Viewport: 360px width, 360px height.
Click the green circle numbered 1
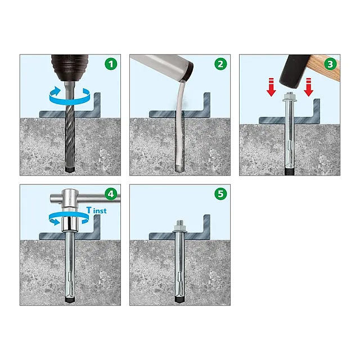[111, 64]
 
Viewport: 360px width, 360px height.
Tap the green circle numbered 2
[220, 64]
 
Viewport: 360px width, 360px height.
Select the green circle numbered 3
[330, 64]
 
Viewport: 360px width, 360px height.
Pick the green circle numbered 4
[111, 194]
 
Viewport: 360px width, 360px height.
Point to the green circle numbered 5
[220, 194]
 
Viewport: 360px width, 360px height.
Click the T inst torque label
[96, 210]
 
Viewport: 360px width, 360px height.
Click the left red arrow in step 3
[271, 87]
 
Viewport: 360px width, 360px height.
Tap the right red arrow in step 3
[309, 87]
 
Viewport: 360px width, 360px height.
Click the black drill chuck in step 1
[70, 64]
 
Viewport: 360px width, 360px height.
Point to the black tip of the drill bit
[70, 169]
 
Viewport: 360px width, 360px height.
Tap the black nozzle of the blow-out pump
[188, 71]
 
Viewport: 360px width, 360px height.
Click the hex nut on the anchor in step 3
[291, 99]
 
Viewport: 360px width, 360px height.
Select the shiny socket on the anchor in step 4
[70, 223]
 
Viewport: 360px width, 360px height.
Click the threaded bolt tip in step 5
[180, 223]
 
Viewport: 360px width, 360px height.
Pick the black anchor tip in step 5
[179, 299]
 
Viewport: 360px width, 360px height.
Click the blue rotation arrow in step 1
[69, 96]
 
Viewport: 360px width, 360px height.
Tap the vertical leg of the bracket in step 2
[206, 102]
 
